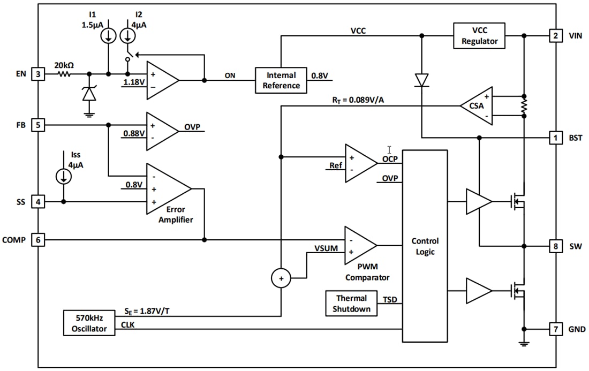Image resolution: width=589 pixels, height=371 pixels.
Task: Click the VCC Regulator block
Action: pos(479,35)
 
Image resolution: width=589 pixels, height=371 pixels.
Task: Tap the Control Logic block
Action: pos(425,246)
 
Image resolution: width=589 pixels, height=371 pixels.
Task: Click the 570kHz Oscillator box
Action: pos(89,323)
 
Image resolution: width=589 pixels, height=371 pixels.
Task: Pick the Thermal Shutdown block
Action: pos(351,304)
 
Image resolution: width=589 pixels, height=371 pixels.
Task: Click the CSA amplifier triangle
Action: pos(477,106)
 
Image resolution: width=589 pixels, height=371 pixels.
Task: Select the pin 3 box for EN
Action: pos(38,74)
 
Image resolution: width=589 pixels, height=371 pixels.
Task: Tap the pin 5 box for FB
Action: pos(38,125)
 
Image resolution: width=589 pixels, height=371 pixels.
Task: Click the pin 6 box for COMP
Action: pos(38,240)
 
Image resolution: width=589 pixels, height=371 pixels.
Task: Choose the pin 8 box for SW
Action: pos(556,246)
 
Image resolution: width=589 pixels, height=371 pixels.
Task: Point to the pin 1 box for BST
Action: pos(556,138)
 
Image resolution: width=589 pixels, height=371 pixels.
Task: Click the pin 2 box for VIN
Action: pos(556,36)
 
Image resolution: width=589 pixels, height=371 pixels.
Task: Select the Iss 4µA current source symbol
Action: pos(64,176)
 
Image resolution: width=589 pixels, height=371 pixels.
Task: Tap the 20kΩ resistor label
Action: pos(64,65)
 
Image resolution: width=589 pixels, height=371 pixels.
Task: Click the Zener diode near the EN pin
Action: pos(89,94)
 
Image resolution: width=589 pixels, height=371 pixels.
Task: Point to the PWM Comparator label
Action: pos(367,272)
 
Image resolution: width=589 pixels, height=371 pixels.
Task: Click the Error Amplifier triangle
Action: pos(167,189)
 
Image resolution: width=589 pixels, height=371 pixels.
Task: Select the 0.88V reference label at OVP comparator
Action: pos(133,133)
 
